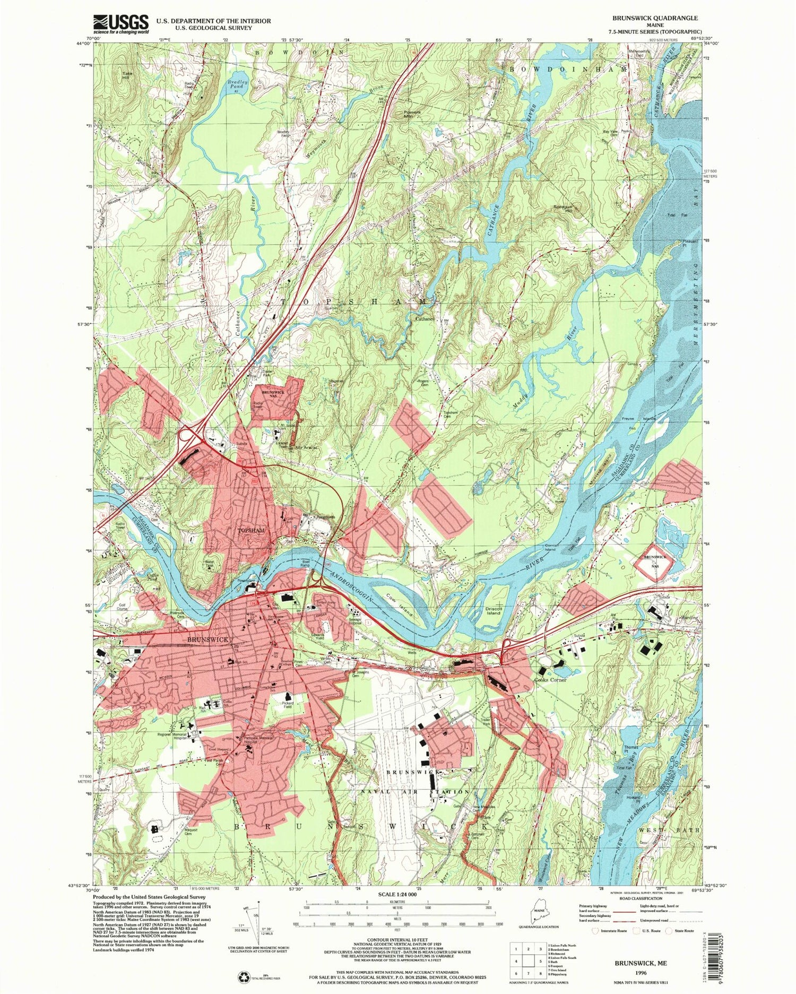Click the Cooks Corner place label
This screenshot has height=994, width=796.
(x=551, y=679)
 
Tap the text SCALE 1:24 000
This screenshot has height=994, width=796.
(x=397, y=894)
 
